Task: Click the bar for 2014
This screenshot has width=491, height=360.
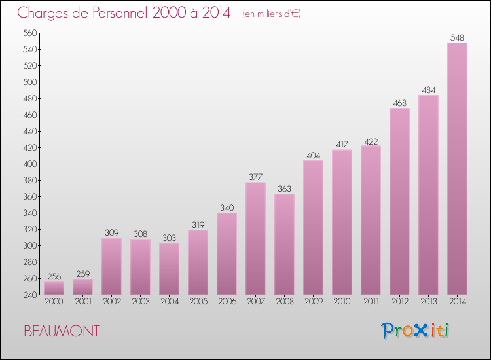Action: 457,169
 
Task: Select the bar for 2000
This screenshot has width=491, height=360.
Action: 54,288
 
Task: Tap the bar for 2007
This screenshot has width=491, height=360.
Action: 255,238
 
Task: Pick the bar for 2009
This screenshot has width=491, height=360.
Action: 313,227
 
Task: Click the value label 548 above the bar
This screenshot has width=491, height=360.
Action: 457,37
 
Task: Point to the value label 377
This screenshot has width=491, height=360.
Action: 255,177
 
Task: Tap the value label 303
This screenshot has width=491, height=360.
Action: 169,238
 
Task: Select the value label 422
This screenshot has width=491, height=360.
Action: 371,140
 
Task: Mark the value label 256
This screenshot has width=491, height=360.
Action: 54,276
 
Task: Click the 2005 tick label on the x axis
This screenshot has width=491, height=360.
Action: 198,302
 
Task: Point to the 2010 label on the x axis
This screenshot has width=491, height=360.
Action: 342,302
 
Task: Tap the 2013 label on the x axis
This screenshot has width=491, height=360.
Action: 428,302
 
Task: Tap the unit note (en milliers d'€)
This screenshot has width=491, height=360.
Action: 271,14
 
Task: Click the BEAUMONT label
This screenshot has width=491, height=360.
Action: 62,331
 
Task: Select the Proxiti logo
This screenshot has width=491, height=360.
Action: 415,331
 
